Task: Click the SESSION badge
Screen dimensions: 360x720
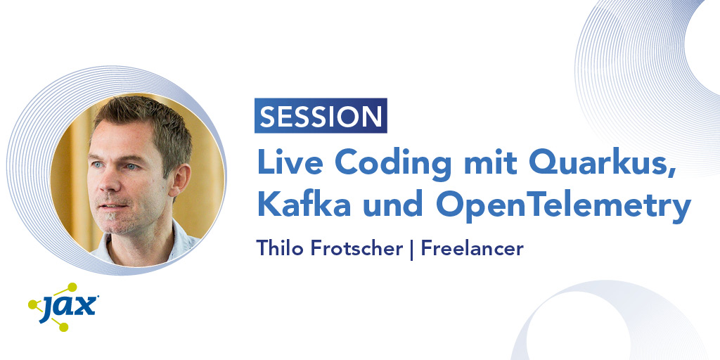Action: coord(321,116)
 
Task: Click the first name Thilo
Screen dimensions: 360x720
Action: coord(278,248)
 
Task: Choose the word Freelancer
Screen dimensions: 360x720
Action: coord(472,248)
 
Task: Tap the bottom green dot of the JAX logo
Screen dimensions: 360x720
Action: coord(63,326)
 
